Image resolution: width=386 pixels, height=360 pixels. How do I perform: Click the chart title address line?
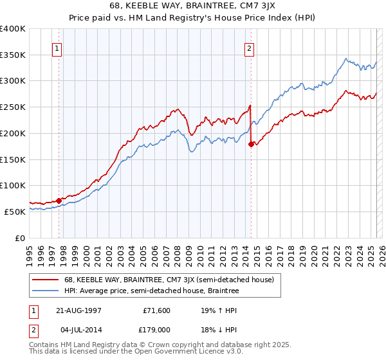[x=193, y=7]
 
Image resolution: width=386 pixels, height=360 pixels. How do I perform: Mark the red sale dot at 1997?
[x=59, y=201]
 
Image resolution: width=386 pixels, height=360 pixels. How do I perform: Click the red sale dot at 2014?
[x=250, y=145]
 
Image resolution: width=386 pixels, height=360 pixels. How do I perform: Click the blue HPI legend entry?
[x=151, y=291]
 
